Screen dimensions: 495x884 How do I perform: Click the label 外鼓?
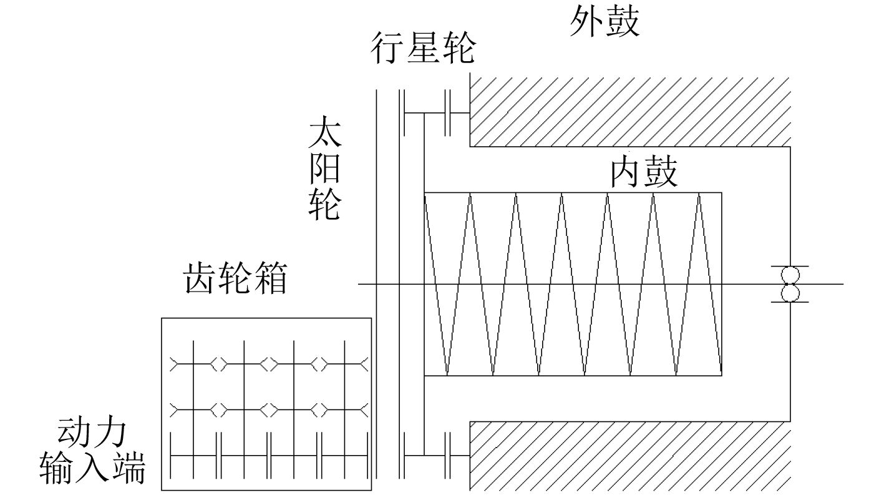tap(605, 23)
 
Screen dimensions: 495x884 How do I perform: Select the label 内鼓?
tap(643, 172)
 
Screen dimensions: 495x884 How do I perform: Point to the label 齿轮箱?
tap(235, 278)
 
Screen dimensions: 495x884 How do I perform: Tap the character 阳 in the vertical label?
tap(324, 169)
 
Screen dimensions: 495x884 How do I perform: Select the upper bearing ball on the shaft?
tap(790, 275)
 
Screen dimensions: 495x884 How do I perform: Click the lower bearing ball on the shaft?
tap(790, 293)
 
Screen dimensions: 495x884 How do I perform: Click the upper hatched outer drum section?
tap(630, 110)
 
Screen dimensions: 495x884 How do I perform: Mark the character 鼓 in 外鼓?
tap(622, 23)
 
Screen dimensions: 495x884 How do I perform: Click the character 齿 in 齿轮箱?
tap(200, 278)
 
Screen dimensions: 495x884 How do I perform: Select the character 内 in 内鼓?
tap(626, 172)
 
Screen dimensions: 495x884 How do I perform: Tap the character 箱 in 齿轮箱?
tap(270, 278)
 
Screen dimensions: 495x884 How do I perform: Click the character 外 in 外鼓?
tap(587, 23)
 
